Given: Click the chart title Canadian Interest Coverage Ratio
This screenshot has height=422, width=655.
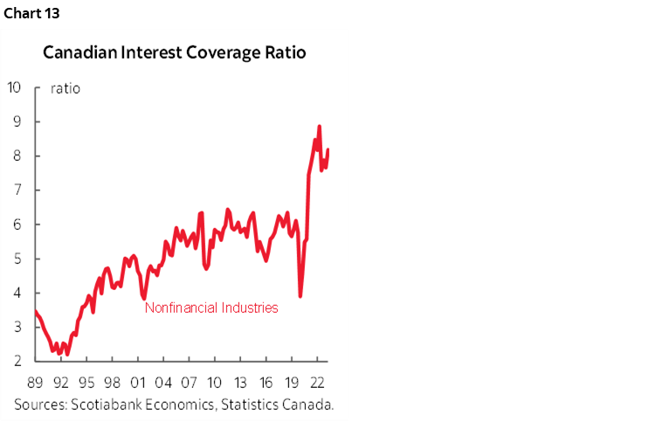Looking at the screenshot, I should [x=175, y=52].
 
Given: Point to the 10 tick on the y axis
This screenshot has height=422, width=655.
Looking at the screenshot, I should [x=14, y=87].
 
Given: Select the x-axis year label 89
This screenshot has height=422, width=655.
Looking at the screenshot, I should [x=36, y=381].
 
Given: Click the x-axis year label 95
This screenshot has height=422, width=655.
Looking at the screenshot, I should [x=86, y=381].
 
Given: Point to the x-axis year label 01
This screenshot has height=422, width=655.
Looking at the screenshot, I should [x=137, y=381].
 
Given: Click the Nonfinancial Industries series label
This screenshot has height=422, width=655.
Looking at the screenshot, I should [x=210, y=308].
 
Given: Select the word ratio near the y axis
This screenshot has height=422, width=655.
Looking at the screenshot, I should [x=65, y=88].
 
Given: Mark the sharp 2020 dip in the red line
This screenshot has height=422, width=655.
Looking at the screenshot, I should [x=300, y=296].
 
